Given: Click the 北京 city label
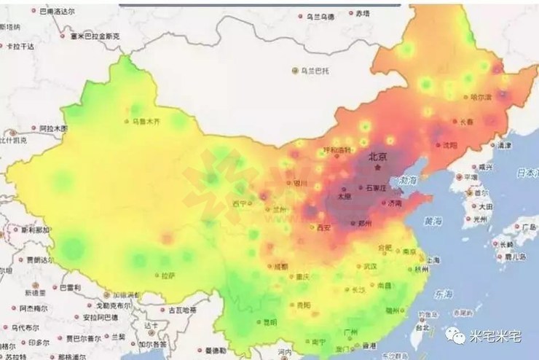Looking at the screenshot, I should (x=378, y=156).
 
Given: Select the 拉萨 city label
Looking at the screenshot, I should (x=167, y=275).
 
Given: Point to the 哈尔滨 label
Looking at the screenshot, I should (x=481, y=96).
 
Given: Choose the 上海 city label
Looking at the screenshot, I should (x=435, y=259).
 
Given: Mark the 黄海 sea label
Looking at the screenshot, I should (x=433, y=219).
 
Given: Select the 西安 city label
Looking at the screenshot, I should (x=323, y=228).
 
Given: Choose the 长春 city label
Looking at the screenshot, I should (x=465, y=122).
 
